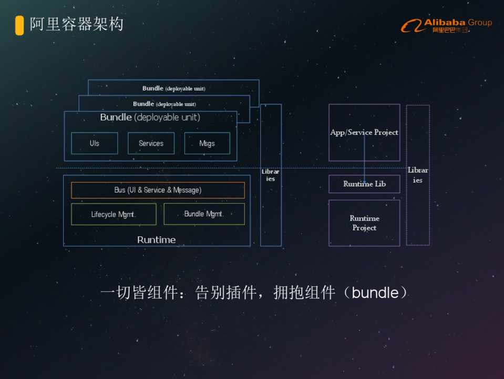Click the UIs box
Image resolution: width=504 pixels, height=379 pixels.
[95, 143]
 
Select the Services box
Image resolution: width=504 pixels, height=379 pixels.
[151, 143]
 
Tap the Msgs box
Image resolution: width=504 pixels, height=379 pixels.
[207, 143]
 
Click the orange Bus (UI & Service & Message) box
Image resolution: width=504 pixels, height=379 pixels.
[158, 190]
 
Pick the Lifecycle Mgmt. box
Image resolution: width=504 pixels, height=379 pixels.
[114, 214]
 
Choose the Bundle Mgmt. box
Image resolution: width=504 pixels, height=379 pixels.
[204, 214]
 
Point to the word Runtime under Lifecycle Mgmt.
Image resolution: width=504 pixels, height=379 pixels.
[157, 240]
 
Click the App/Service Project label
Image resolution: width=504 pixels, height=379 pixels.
[364, 132]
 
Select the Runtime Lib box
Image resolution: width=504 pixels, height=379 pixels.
[364, 184]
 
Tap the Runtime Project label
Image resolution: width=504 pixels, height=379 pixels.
[364, 223]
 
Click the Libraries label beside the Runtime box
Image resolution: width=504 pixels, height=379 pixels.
[271, 175]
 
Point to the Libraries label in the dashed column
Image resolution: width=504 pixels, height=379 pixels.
[418, 175]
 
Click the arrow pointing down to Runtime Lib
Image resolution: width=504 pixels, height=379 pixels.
[364, 158]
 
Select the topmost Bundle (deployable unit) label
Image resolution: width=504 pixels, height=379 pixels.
[173, 88]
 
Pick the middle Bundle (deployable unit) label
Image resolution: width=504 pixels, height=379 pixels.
[164, 104]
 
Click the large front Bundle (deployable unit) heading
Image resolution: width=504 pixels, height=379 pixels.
[150, 117]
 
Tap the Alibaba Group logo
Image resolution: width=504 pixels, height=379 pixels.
[447, 25]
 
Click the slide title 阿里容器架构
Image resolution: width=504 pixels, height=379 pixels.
[77, 24]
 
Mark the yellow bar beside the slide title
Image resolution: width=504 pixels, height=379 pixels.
[19, 25]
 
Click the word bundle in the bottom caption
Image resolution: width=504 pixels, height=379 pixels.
[375, 293]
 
